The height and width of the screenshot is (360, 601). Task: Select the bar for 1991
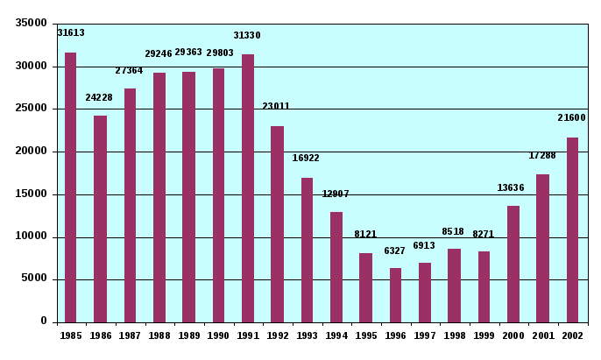point(248,188)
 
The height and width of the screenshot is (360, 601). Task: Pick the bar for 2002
point(572,229)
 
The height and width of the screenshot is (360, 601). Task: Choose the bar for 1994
point(336,267)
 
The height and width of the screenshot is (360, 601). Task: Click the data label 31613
point(71,33)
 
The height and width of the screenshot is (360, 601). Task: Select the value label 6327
point(395,251)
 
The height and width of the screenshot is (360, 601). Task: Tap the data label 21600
point(571,118)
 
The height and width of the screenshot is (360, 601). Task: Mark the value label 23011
point(276,107)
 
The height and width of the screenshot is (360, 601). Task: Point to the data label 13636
point(511,188)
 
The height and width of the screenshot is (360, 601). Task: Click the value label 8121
point(365,235)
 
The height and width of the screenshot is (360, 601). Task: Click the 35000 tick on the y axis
point(32,24)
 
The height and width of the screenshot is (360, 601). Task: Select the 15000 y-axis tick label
point(32,194)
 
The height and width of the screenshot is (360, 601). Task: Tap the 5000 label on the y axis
point(34,279)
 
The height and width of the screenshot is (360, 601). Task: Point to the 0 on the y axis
point(43,321)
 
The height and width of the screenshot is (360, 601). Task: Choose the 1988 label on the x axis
point(159,335)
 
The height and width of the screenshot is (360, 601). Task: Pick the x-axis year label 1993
point(307,335)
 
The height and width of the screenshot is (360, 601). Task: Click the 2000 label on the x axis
point(513,335)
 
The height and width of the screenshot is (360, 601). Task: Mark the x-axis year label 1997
point(424,335)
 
